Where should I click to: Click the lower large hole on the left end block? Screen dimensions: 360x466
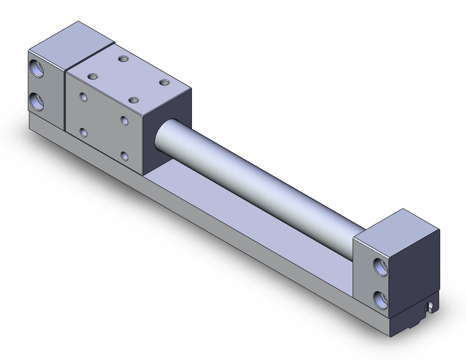coord(37,101)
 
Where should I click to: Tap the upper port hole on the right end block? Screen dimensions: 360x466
coord(381,266)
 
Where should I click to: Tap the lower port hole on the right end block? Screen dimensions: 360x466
coord(381,298)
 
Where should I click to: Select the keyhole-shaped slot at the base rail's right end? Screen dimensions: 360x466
coord(432,307)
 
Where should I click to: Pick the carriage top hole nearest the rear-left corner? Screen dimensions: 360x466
coord(123,59)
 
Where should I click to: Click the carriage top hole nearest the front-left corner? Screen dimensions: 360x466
coord(92,76)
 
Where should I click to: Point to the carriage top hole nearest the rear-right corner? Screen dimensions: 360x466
coord(164,83)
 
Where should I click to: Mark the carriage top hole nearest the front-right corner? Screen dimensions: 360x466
coord(134,100)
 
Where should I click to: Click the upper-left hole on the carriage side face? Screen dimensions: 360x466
coord(83,97)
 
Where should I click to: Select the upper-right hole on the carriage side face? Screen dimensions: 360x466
coord(124,120)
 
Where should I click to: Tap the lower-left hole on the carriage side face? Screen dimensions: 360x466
coord(83,133)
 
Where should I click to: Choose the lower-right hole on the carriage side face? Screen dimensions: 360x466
coord(124,156)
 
